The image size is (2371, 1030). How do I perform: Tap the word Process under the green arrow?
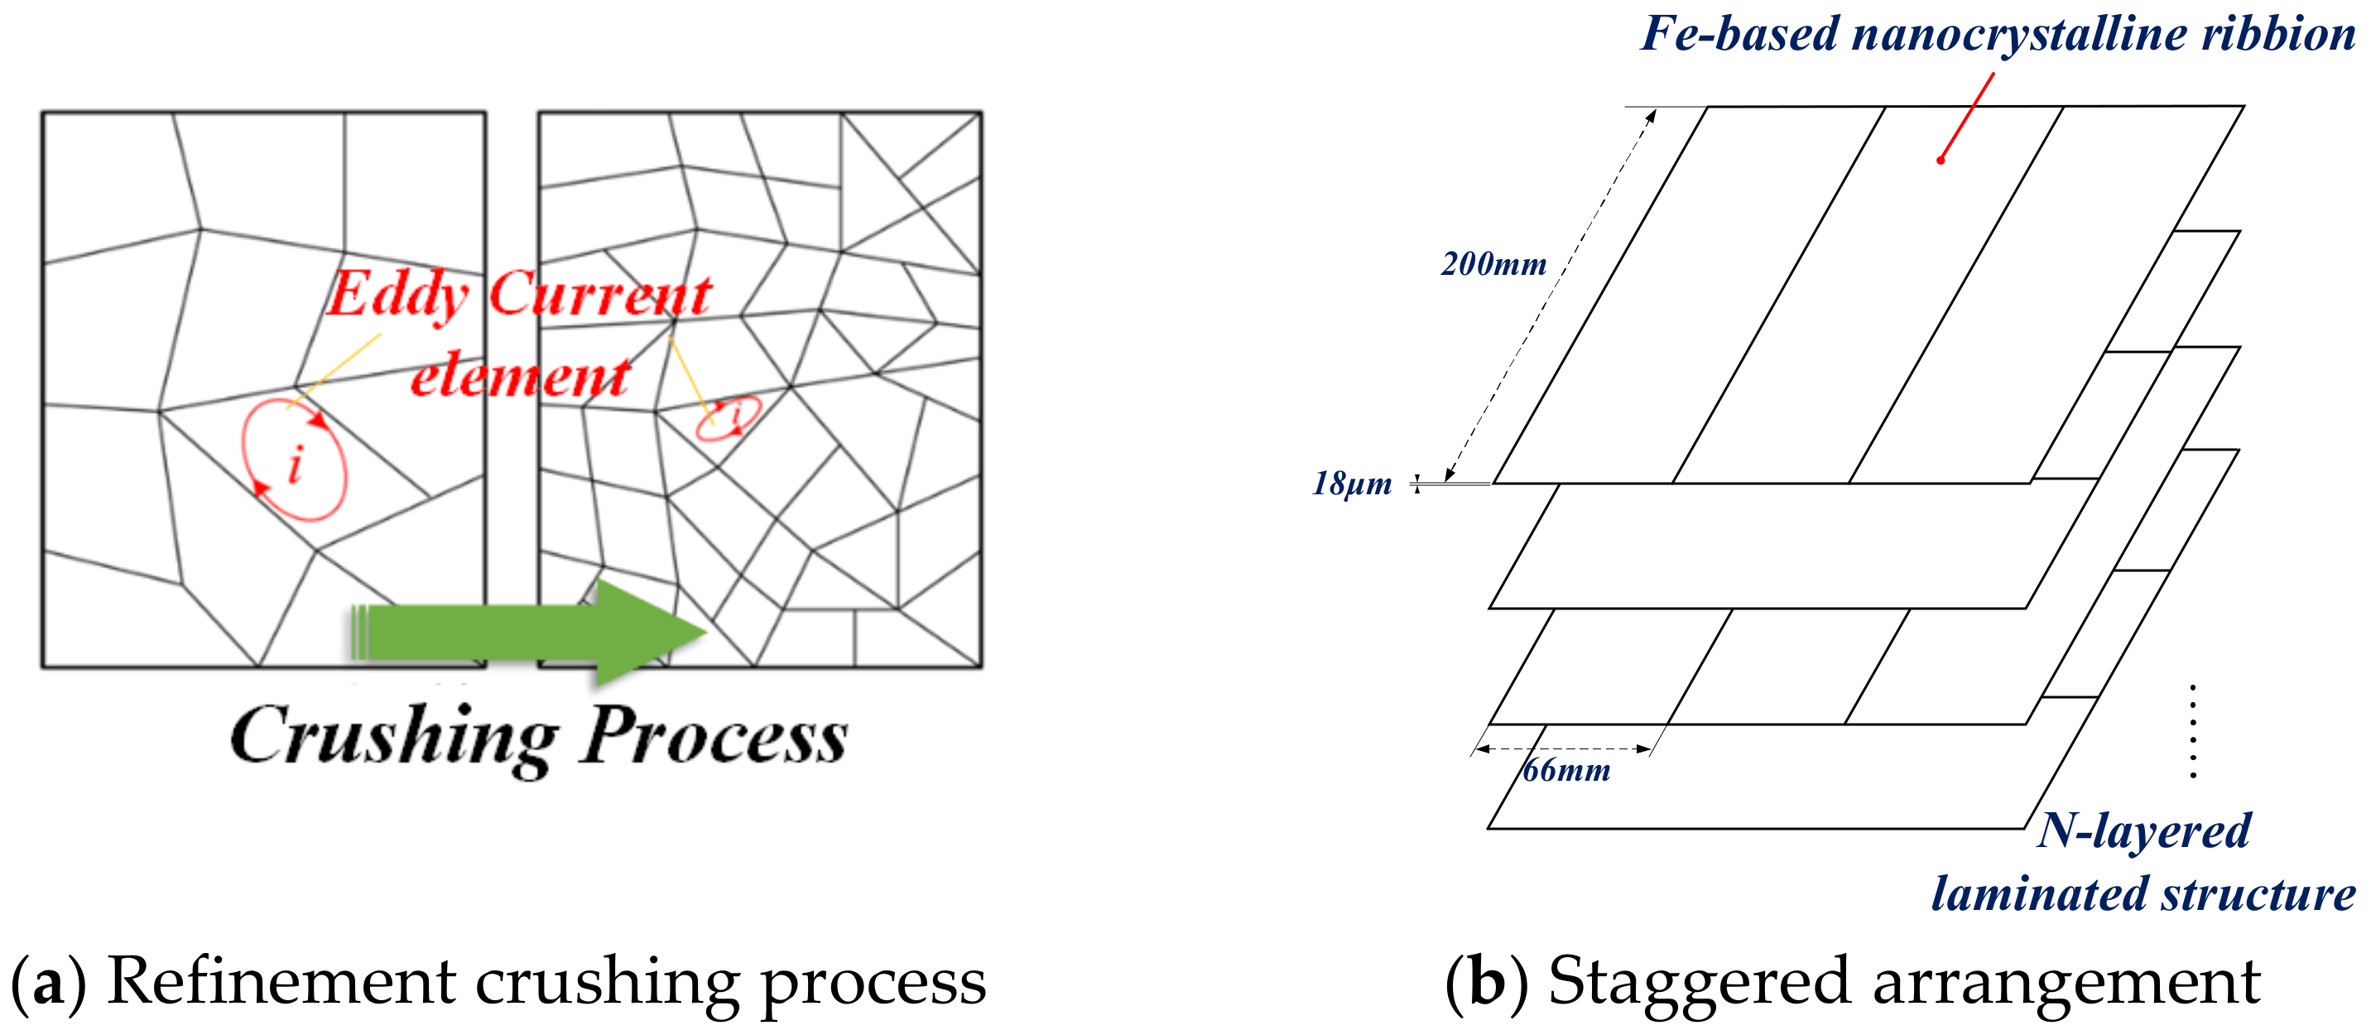click(714, 736)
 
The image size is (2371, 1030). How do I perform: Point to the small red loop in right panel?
click(728, 418)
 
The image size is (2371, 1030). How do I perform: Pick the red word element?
click(520, 377)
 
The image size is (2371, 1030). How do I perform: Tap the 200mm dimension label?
click(1493, 264)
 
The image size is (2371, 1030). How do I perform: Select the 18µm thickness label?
click(1351, 484)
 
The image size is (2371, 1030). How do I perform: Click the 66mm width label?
click(1565, 769)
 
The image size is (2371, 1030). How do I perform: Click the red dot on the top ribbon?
click(1941, 160)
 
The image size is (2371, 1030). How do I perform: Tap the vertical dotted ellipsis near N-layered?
click(2193, 732)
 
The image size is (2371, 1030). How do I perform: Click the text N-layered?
click(2143, 830)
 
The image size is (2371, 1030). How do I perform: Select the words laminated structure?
click(2143, 893)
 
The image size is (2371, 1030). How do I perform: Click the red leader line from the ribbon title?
click(1968, 115)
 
